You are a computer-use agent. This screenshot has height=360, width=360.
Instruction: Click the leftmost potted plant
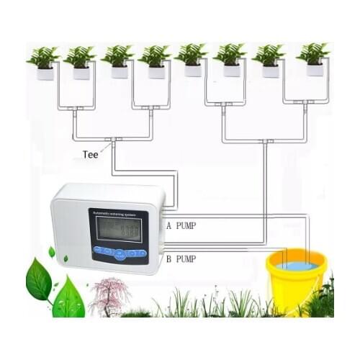tap(45, 63)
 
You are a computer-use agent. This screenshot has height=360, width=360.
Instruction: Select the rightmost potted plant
tap(314, 60)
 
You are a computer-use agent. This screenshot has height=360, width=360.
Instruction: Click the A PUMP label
tap(181, 225)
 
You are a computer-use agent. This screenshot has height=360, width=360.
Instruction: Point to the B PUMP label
tap(181, 258)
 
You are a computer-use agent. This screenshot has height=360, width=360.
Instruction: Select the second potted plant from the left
tap(81, 63)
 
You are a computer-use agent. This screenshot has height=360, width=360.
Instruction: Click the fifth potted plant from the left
tap(192, 61)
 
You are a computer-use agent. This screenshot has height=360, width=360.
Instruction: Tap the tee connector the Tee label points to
tap(112, 139)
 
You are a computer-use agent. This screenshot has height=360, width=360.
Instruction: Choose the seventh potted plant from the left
tap(270, 61)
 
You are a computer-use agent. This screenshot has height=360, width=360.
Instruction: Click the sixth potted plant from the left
tap(230, 61)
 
